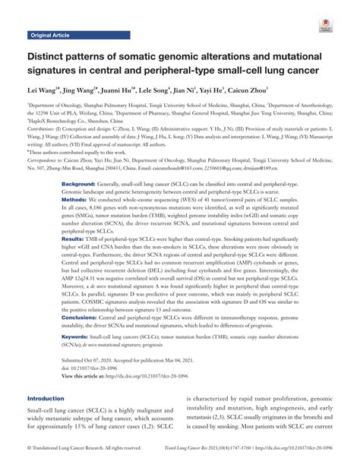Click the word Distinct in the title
[x=53, y=59]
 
